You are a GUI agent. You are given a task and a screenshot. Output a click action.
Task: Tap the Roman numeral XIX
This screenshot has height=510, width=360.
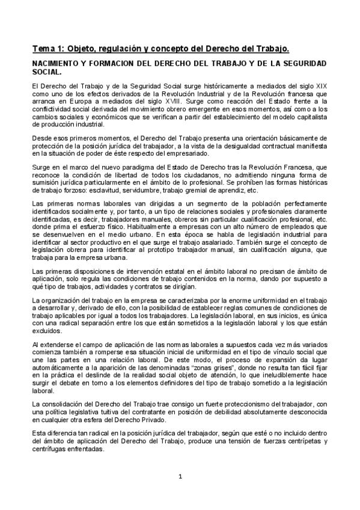pyautogui.click(x=321, y=88)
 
